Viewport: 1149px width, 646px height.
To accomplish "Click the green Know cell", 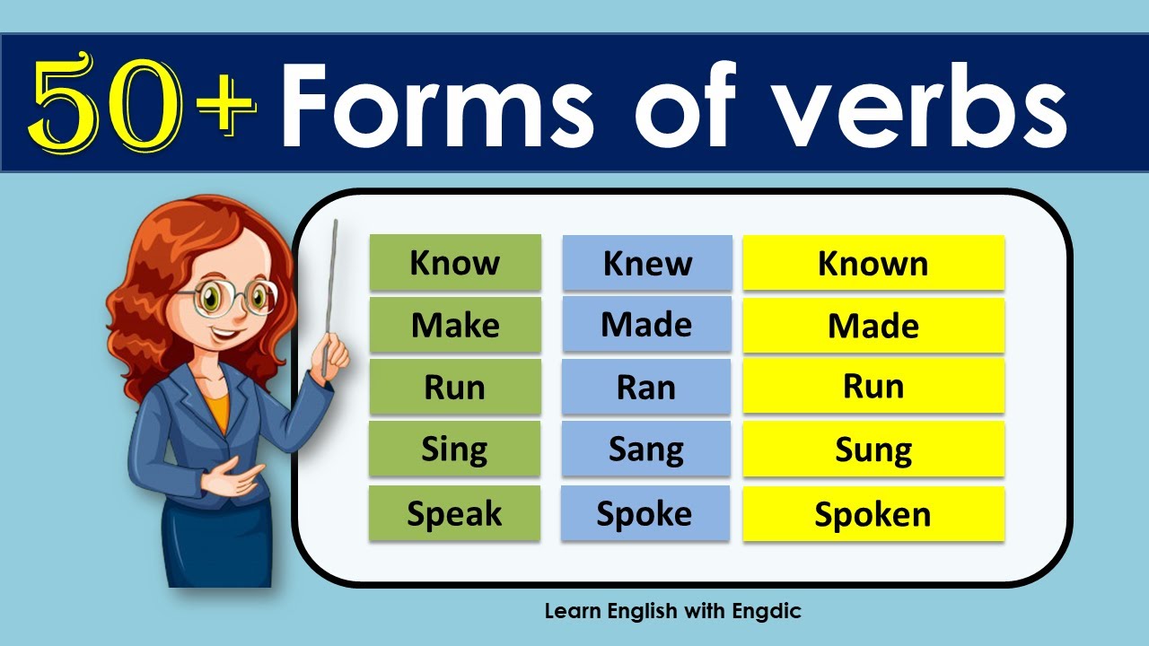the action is coord(455,263).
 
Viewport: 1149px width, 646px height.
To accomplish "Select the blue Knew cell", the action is coord(647,263).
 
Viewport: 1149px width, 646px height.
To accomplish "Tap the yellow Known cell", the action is coord(873,263).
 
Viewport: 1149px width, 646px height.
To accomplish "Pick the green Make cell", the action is coord(455,325).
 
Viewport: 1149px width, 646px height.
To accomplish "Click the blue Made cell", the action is coord(647,324).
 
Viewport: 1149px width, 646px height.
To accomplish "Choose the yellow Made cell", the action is coord(873,326).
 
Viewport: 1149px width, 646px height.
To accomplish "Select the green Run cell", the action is coord(455,387).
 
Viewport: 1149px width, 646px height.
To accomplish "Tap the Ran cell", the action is coord(646,387).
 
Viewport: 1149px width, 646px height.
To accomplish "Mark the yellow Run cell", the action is coord(873,386).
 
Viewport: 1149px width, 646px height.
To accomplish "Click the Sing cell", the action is coord(454,449).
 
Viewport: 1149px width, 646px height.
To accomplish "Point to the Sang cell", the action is coord(646,449).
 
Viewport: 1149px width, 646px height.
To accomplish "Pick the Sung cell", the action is coord(873,450).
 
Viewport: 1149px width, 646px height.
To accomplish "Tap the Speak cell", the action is coord(454,513).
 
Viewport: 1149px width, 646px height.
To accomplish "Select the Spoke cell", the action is coord(645,513).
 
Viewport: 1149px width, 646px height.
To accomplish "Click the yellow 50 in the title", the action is coord(105,102).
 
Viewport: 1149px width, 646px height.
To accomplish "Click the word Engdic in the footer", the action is coord(767,611).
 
